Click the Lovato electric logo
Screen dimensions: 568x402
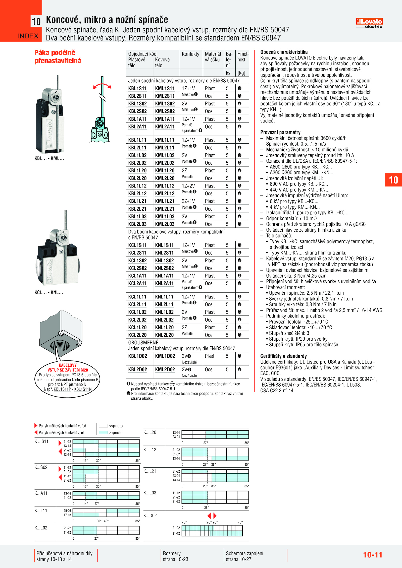tap(369, 23)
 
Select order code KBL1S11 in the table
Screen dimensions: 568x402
tap(137, 88)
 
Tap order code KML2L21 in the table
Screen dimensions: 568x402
tap(165, 209)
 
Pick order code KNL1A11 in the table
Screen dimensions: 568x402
tap(164, 276)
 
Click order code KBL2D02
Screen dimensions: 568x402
tap(137, 369)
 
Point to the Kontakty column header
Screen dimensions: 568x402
tap(190, 54)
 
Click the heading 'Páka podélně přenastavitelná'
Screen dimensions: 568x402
tap(58, 57)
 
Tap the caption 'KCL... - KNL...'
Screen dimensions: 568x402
tap(49, 292)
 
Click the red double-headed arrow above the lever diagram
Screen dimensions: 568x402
tap(102, 86)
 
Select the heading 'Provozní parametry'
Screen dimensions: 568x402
tap(280, 132)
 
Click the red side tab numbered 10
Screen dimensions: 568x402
tap(393, 180)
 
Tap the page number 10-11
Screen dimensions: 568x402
tap(372, 555)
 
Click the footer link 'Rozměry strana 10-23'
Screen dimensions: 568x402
tap(175, 556)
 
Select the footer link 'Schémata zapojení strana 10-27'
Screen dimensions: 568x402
tap(244, 556)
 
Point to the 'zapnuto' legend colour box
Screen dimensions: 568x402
tap(103, 432)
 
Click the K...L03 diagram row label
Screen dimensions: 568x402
tap(150, 493)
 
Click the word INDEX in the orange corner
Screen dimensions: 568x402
tap(28, 36)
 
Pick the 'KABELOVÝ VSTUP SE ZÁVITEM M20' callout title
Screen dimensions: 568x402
tap(68, 367)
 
